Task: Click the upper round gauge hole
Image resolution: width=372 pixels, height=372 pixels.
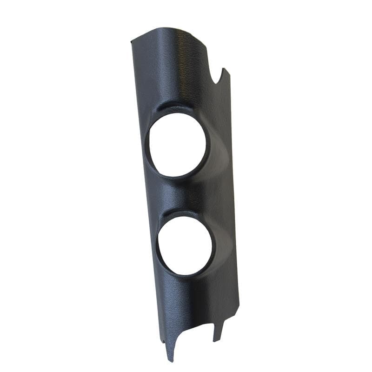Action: click(176, 144)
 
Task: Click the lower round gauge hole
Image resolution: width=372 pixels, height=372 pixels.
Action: click(185, 245)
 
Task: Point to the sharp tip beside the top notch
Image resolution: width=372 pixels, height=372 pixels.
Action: click(224, 70)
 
